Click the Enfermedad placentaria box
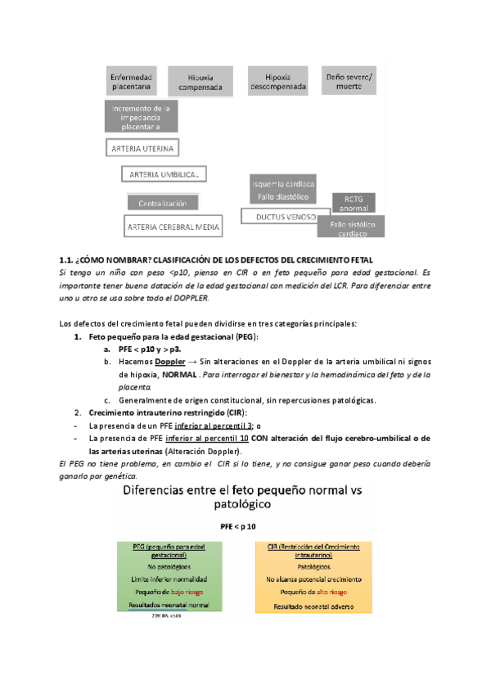(x=130, y=82)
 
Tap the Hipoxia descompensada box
(x=278, y=82)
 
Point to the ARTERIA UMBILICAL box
(x=164, y=175)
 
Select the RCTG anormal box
(x=353, y=203)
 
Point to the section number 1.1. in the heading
(x=70, y=259)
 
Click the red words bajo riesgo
(x=181, y=590)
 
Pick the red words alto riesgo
(x=337, y=590)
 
